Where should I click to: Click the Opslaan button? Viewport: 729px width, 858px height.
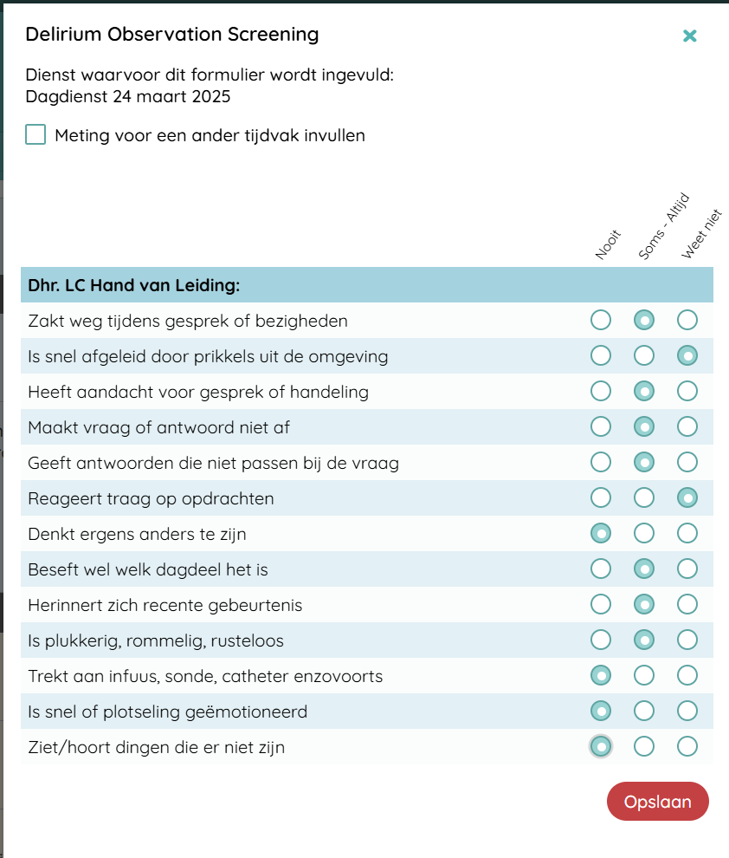point(657,802)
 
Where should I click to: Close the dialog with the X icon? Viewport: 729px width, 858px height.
point(689,36)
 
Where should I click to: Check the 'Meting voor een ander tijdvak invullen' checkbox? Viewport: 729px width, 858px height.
point(35,135)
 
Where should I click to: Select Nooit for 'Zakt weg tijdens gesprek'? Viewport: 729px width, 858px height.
point(600,321)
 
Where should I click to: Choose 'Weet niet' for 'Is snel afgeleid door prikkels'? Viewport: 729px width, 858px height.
point(687,356)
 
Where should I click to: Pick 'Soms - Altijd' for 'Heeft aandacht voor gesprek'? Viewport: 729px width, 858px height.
point(643,392)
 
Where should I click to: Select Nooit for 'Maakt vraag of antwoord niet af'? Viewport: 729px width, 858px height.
point(600,427)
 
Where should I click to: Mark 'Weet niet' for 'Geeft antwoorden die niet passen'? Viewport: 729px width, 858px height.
point(687,463)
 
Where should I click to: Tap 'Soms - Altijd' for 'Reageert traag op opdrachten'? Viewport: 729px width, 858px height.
point(643,498)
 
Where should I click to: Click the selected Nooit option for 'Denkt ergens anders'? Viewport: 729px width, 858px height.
point(600,534)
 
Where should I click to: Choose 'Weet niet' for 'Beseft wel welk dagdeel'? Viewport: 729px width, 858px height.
point(687,569)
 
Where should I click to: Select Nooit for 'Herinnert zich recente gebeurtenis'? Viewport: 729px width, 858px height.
point(600,605)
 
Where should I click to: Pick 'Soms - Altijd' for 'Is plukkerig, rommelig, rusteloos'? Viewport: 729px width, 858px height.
point(643,640)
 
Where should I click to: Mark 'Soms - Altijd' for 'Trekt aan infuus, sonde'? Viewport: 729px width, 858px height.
point(643,676)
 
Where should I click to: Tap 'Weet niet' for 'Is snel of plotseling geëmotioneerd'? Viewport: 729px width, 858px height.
point(687,712)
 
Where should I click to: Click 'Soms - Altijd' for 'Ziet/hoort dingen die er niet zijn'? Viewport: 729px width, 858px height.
point(643,747)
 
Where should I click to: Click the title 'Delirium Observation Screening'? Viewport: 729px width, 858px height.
point(172,35)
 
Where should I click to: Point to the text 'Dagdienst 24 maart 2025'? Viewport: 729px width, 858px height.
point(128,96)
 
